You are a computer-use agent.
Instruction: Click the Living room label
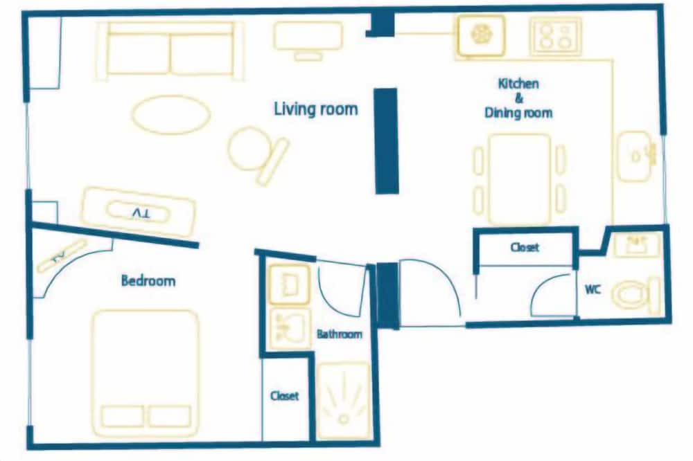click(315, 109)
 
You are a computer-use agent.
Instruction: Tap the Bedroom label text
click(148, 280)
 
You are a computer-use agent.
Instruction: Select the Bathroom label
click(340, 334)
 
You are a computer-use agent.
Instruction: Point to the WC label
click(593, 289)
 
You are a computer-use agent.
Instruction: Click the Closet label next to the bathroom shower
click(285, 396)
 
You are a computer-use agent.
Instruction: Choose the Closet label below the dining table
click(525, 247)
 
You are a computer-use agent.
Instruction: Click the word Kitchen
click(518, 84)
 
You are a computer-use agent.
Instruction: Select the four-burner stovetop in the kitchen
click(556, 36)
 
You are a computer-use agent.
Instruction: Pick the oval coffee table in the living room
click(170, 114)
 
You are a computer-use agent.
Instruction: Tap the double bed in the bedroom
click(146, 373)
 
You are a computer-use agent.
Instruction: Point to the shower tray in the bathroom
click(344, 401)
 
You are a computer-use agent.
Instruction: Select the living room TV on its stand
click(138, 213)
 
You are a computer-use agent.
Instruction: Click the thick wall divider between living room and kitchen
click(386, 141)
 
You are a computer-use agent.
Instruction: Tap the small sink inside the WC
click(635, 244)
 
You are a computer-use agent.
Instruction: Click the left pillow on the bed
click(123, 417)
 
